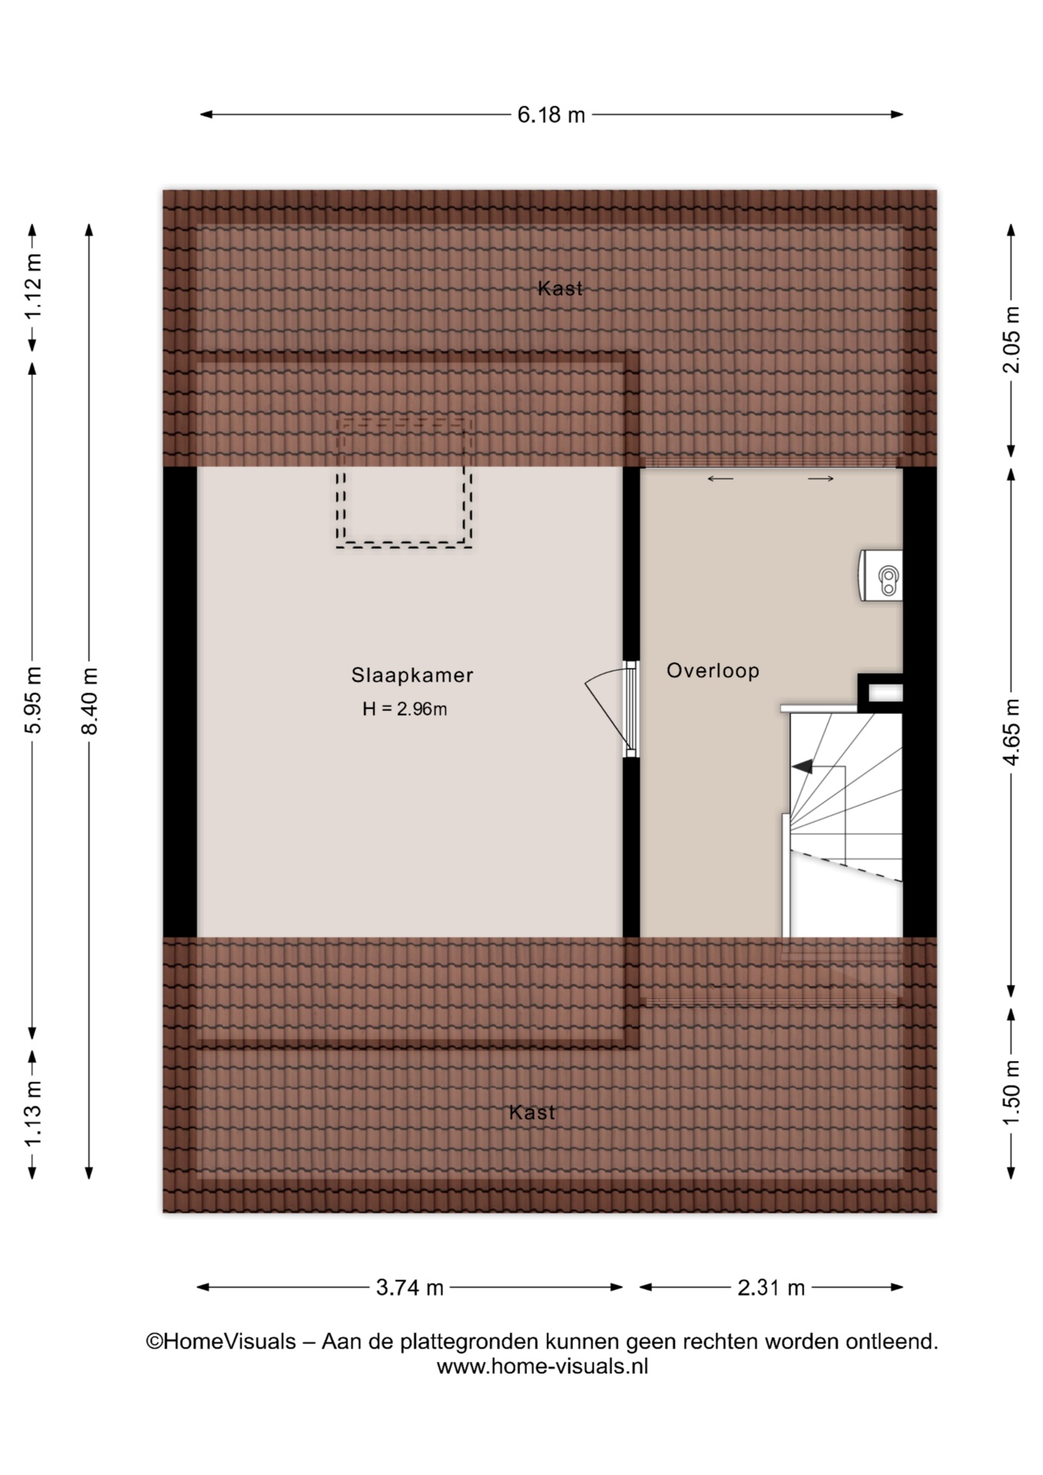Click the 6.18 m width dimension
[x=551, y=115]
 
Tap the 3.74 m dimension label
[x=409, y=1288]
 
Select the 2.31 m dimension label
[x=771, y=1288]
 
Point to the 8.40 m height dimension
[x=90, y=701]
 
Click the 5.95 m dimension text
[x=33, y=701]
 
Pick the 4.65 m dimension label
[x=1012, y=732]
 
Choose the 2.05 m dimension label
[x=1012, y=340]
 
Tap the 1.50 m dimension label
[x=1012, y=1092]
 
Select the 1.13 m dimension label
[x=33, y=1114]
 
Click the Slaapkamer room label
[x=412, y=675]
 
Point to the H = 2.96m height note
[x=405, y=709]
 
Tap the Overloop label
[x=713, y=671]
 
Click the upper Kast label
[x=560, y=288]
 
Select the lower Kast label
[x=531, y=1112]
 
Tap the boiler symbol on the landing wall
[x=881, y=575]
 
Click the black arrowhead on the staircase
[x=802, y=767]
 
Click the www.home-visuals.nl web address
[x=542, y=1367]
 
